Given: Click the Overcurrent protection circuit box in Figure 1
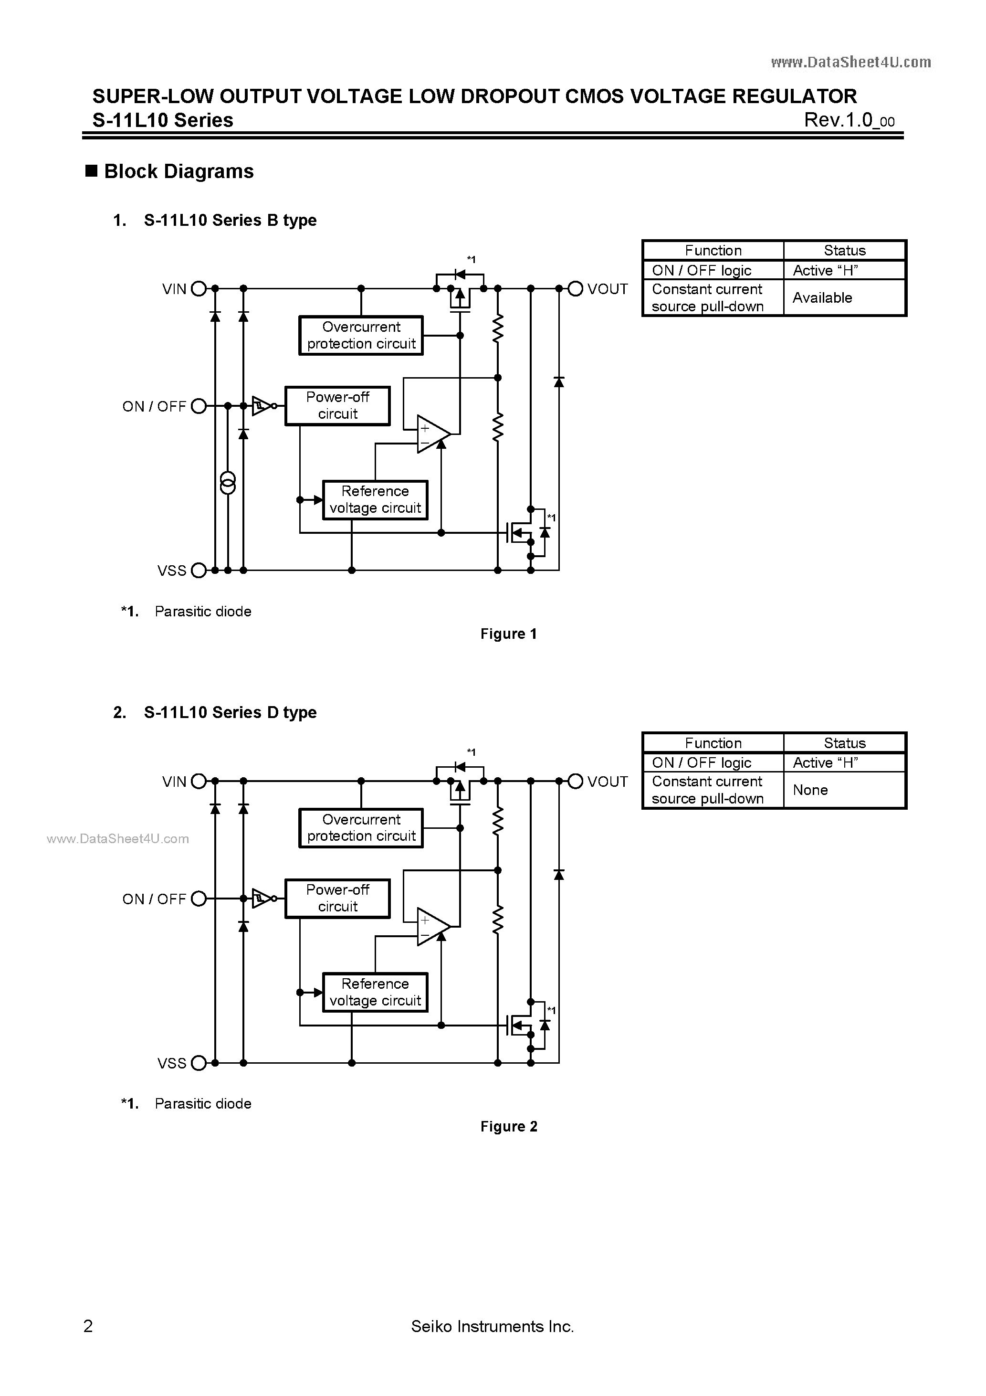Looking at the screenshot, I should pos(361,335).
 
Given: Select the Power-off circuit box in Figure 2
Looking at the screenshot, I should pos(337,898).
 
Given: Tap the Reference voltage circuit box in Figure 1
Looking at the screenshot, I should pos(375,500).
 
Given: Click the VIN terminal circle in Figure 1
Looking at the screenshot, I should pos(199,289).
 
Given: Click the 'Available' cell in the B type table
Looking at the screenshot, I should pos(822,298).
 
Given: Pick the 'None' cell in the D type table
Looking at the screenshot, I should pos(810,790).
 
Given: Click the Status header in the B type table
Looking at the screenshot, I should pos(844,251).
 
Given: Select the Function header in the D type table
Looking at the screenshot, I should pos(713,743).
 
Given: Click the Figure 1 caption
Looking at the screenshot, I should pos(508,634).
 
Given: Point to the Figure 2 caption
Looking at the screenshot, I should pos(508,1126).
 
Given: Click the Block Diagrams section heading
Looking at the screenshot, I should pos(178,171).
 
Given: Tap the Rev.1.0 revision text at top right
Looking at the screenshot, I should pos(849,120).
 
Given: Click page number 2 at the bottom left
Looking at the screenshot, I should pos(88,1326).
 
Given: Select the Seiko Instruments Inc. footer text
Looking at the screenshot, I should pos(493,1326).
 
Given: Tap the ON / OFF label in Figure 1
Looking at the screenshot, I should pos(154,406).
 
